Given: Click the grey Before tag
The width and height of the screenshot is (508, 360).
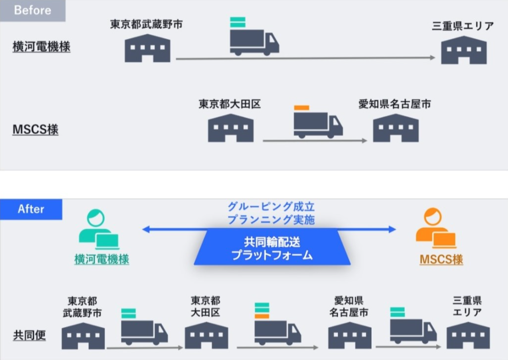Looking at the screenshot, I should click(x=32, y=10).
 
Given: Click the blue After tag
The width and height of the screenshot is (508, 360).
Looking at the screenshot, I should click(x=31, y=209).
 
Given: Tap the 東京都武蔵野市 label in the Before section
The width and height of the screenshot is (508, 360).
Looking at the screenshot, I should click(x=146, y=25).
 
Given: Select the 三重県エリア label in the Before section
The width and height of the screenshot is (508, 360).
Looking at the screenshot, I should click(x=463, y=26).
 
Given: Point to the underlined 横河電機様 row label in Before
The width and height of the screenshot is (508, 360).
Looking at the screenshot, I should click(x=42, y=47).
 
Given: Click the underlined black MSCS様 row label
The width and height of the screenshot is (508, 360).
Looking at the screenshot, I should click(x=36, y=130).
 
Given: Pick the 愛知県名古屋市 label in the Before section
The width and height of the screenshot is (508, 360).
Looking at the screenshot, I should click(x=395, y=105).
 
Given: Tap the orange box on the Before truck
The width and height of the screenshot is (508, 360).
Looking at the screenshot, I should click(x=302, y=108).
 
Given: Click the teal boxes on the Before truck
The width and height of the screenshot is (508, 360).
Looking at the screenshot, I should click(x=238, y=22).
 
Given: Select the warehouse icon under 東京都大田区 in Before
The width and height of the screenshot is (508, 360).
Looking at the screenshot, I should click(x=230, y=128).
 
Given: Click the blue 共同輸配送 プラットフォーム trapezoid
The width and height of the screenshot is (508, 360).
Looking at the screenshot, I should click(x=272, y=248).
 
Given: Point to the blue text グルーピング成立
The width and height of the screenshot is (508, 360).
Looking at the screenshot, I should click(x=271, y=207).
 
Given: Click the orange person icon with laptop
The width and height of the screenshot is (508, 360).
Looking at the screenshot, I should click(x=435, y=229).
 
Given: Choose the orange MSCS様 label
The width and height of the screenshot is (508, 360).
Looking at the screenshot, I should click(x=441, y=260).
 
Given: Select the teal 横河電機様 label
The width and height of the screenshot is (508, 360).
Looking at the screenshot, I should click(x=101, y=260).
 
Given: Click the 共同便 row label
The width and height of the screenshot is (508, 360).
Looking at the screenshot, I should click(x=29, y=336).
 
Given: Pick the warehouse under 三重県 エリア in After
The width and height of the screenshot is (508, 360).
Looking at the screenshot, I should click(x=468, y=335).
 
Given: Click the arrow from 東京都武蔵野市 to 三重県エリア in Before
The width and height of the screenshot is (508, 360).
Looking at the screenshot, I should click(x=306, y=58).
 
